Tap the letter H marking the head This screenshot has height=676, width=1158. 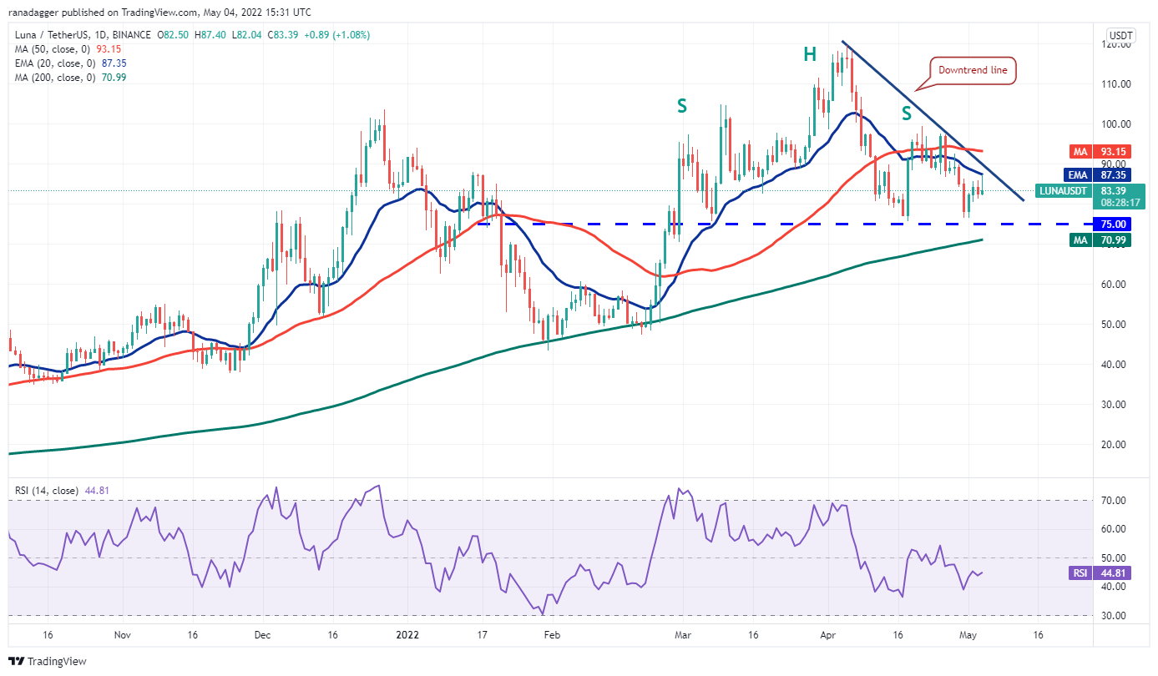pos(810,55)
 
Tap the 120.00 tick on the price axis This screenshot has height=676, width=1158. pos(1119,44)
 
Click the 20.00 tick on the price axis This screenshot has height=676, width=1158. pos(1119,444)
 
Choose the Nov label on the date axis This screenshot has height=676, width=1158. pos(122,634)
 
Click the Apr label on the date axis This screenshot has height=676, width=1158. pos(828,634)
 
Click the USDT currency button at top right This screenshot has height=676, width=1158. pos(1119,36)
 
